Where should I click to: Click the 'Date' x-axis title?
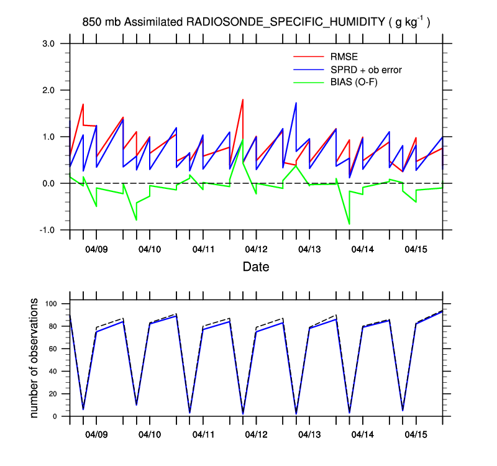pos(256,268)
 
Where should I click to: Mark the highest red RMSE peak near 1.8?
pos(242,99)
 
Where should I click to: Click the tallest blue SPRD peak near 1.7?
pos(296,103)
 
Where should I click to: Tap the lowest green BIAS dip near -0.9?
pos(349,224)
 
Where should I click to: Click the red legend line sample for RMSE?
pos(309,58)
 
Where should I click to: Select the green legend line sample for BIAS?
pos(309,81)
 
